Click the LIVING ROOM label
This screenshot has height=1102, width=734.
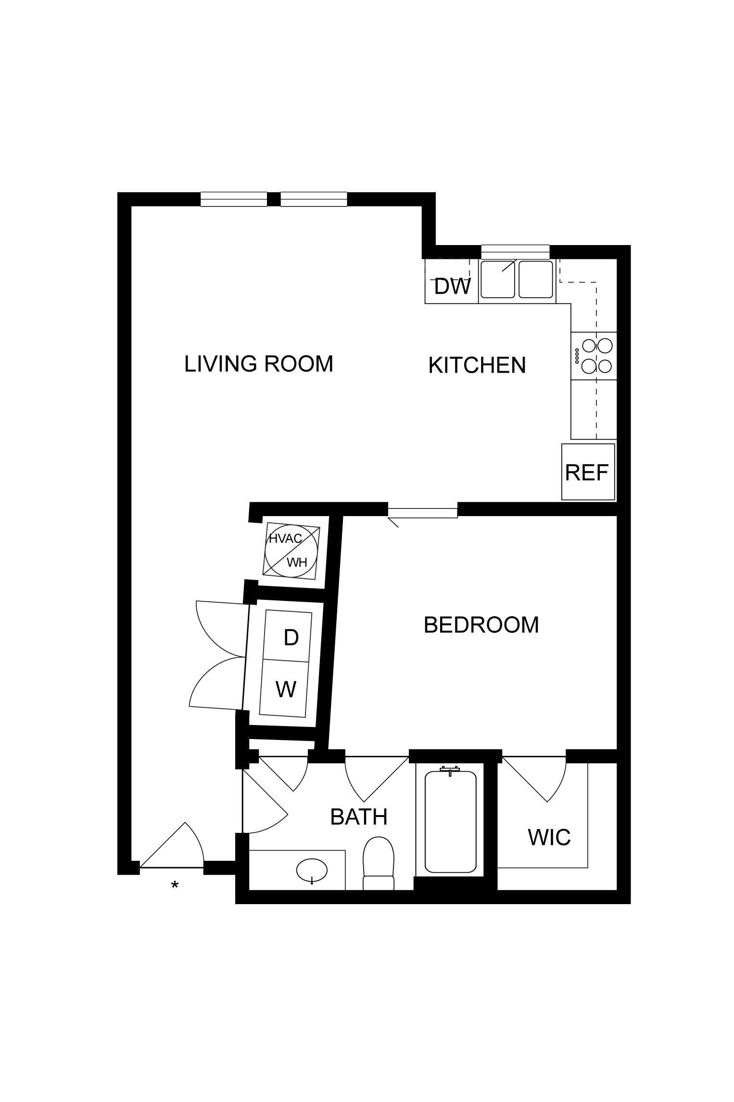tap(259, 364)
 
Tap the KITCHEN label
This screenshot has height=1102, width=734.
tap(477, 365)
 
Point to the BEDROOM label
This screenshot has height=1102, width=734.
tap(481, 625)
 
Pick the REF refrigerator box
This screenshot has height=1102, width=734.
tap(588, 472)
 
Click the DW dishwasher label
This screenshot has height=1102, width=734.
tap(452, 287)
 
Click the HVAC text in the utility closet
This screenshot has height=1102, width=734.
tap(285, 539)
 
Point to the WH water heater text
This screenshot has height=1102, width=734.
tap(297, 562)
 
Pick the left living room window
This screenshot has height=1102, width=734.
tap(234, 199)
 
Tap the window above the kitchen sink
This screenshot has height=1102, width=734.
tap(515, 252)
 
